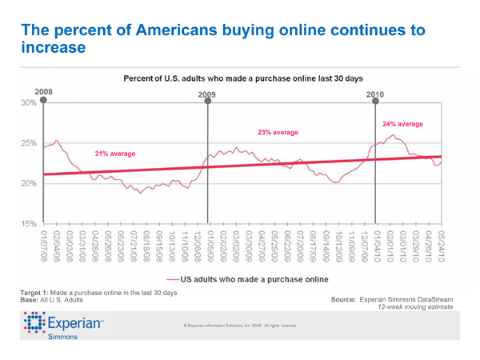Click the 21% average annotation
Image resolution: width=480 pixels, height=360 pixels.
[x=114, y=153]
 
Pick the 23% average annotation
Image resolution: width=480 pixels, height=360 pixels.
[x=278, y=132]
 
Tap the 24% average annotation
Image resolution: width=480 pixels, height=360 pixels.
[x=402, y=125]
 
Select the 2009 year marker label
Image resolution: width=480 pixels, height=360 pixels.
[x=207, y=94]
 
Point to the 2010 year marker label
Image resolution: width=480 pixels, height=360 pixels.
[x=375, y=94]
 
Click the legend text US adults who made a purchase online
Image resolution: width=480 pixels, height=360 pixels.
[x=253, y=279]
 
